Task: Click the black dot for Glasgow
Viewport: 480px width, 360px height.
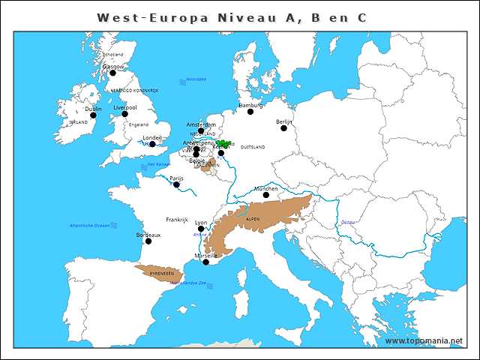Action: point(112,73)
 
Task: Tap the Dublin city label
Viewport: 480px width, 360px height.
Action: point(93,109)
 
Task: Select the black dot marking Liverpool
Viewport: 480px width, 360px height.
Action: point(124,114)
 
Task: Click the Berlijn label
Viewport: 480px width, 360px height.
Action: point(283,121)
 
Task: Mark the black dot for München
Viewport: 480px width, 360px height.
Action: point(265,195)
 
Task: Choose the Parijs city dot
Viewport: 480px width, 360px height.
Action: point(176,184)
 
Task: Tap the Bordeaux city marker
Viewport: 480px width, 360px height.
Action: point(148,241)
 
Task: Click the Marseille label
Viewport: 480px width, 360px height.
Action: point(207,255)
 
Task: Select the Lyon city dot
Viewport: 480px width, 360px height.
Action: point(200,229)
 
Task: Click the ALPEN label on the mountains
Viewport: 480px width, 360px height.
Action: point(253,219)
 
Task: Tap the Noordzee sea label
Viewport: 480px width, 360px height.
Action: point(196,79)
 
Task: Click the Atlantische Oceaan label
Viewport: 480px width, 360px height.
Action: point(89,225)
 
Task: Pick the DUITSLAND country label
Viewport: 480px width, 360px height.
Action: point(252,148)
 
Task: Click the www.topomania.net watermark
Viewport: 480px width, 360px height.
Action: point(424,341)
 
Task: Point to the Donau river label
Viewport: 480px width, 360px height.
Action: point(348,223)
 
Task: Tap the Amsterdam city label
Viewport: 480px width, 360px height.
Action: point(201,124)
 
